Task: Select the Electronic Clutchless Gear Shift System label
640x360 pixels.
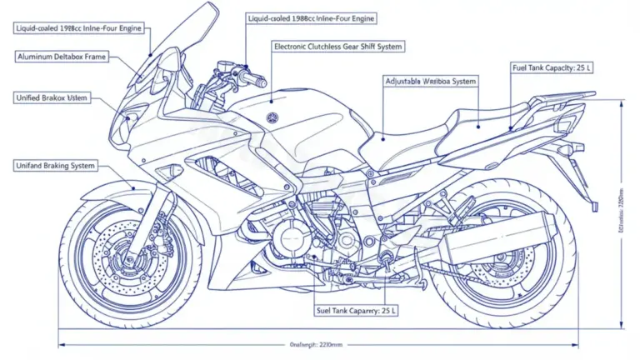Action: tap(337, 47)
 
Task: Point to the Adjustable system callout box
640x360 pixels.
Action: tap(430, 81)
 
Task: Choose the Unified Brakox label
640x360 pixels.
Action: tap(52, 97)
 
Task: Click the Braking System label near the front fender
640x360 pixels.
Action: tap(56, 166)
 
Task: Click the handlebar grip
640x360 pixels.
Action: tap(254, 81)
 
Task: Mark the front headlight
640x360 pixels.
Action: tap(129, 125)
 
